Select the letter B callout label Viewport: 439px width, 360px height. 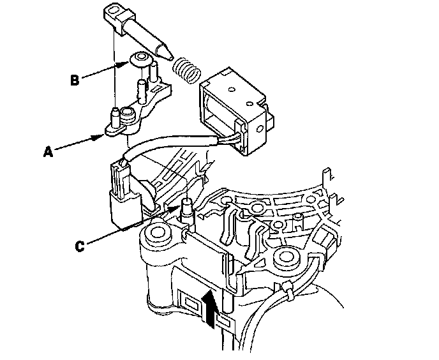[x=75, y=80]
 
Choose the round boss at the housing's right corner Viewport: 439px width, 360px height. [x=285, y=259]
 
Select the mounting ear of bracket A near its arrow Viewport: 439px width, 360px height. [x=114, y=130]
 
